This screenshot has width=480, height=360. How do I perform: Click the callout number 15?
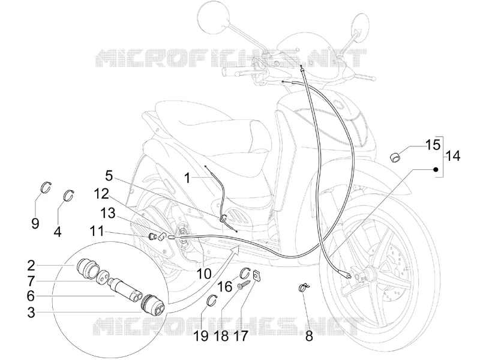433,145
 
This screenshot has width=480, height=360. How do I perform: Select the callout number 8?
309,337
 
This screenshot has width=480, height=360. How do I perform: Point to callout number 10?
204,274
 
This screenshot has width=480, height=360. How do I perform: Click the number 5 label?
109,176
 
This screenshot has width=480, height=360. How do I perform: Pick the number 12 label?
101,193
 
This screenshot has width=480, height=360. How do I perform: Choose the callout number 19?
201,337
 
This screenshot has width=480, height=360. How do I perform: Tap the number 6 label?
31,296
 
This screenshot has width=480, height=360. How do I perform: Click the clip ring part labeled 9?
46,187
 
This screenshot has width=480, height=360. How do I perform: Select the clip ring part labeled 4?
69,196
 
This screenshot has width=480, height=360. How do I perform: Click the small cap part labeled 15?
395,156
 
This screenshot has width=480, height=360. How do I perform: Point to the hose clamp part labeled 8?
304,288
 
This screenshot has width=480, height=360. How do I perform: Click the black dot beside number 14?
436,169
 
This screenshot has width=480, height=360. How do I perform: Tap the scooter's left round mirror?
214,16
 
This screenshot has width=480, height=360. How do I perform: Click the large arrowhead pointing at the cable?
235,251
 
